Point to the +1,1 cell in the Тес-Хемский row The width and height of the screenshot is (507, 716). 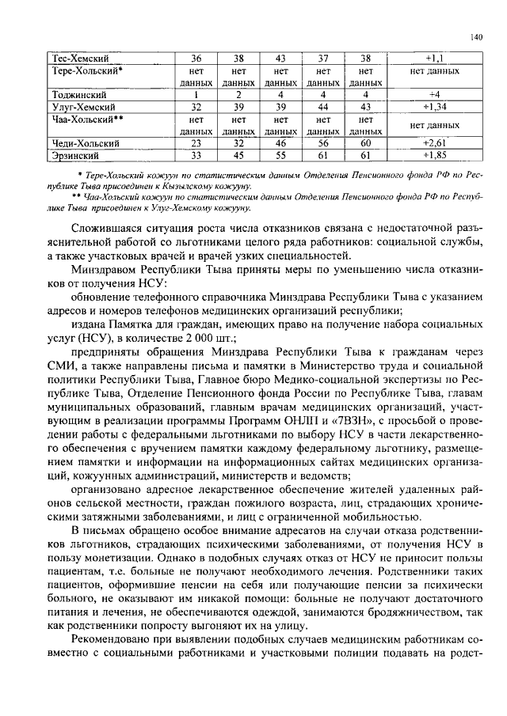[x=434, y=59]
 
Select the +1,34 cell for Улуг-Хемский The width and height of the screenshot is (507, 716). [x=434, y=107]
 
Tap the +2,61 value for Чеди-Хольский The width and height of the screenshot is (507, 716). [x=434, y=143]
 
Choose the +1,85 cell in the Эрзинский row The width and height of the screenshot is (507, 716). [x=434, y=155]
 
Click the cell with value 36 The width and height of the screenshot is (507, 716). [x=196, y=59]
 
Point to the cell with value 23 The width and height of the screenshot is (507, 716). [x=196, y=143]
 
